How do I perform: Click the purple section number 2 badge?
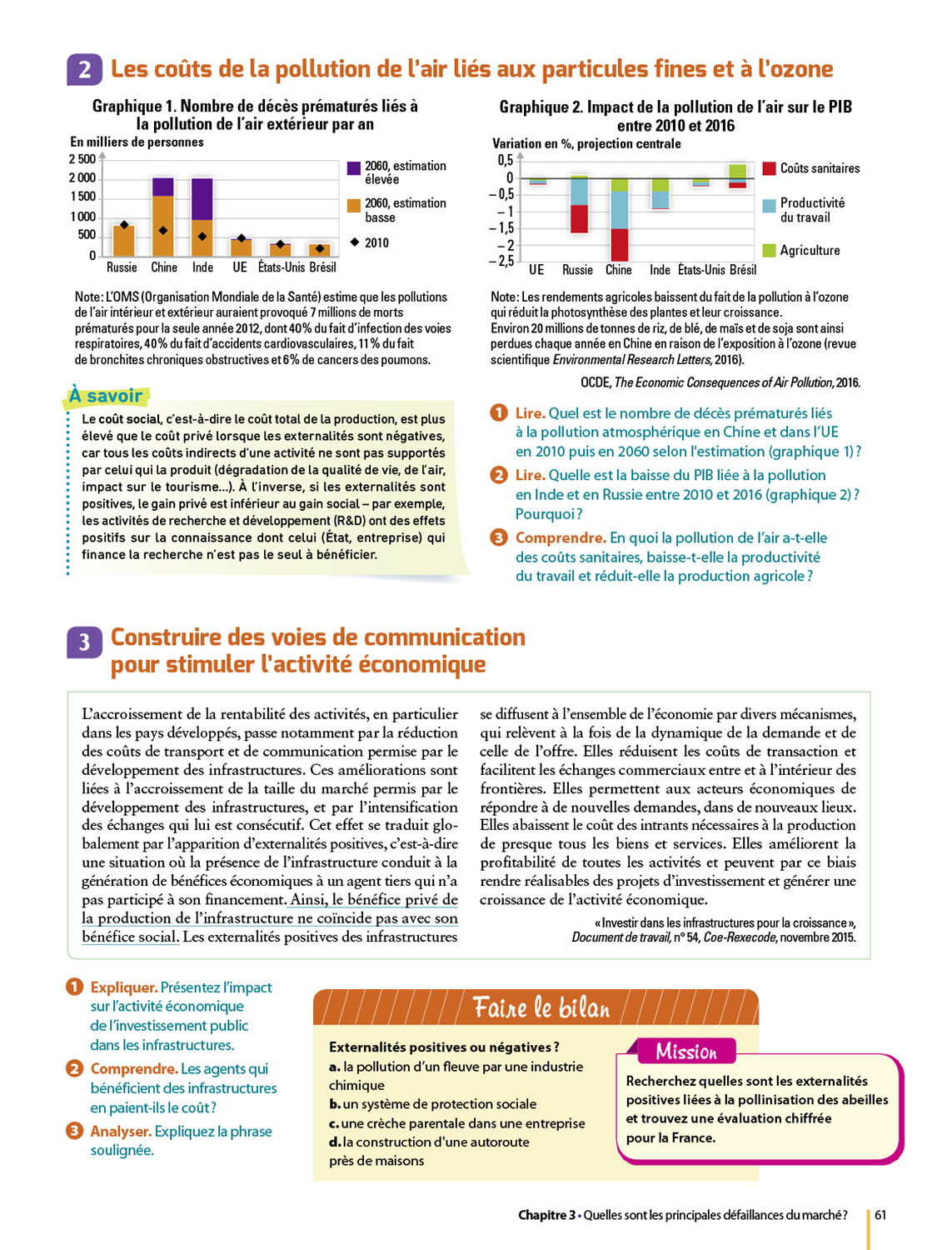[84, 69]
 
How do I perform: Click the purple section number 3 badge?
[84, 642]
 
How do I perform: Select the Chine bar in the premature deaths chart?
[163, 217]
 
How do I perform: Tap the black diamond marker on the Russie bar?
[124, 225]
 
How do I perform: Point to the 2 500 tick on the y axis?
[82, 159]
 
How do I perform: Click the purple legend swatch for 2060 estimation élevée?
[354, 168]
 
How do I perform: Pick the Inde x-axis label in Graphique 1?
[202, 267]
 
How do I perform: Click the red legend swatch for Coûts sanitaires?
[769, 168]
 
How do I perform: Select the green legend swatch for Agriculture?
[769, 250]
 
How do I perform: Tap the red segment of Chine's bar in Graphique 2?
[619, 245]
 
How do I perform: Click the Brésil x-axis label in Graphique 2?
[742, 270]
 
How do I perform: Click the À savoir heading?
[106, 396]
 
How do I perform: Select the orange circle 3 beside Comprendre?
[499, 537]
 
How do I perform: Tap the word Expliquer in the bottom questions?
[123, 987]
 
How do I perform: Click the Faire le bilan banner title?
[541, 1008]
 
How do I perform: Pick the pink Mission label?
[685, 1052]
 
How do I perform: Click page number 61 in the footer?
[880, 1215]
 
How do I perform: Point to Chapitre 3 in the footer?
[546, 1215]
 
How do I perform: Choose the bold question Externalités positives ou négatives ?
[444, 1047]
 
